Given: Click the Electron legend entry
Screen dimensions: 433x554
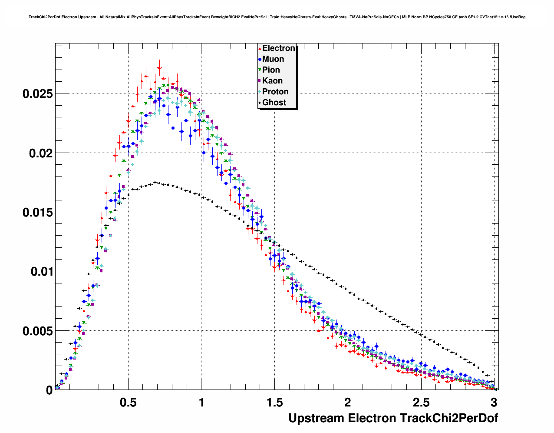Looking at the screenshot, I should [278, 48].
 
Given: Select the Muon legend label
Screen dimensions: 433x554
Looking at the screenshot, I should [273, 59].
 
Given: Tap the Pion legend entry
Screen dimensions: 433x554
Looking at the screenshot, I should [271, 70].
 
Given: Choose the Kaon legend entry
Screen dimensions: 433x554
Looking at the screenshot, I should [272, 81].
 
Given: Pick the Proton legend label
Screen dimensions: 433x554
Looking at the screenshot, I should [275, 92].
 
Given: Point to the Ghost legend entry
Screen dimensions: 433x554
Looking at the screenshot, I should [274, 103].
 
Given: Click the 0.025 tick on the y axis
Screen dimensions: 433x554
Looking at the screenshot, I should [37, 94].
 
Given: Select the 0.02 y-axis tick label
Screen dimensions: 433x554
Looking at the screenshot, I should [40, 153].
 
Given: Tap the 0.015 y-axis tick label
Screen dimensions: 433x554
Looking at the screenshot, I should [37, 212].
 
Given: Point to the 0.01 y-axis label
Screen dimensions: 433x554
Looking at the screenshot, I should [40, 272].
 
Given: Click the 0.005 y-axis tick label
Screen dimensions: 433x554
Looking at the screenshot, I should [37, 331].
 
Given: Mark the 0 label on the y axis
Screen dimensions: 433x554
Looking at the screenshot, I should [49, 390].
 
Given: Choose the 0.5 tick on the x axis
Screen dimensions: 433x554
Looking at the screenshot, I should [128, 402].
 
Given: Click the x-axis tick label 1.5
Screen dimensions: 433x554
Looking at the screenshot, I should [274, 402].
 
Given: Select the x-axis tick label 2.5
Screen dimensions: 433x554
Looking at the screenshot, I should [421, 402].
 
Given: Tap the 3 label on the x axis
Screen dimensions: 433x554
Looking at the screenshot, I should [494, 402].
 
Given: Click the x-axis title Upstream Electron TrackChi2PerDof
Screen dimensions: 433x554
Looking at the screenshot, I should [393, 418].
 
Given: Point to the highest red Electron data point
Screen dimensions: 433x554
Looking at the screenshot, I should [159, 67].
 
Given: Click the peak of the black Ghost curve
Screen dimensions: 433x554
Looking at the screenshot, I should [155, 183].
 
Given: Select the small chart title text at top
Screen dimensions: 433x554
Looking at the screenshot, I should [277, 17].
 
